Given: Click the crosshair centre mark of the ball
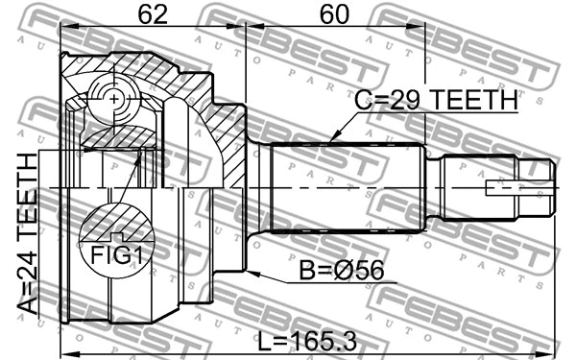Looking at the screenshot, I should [114, 99].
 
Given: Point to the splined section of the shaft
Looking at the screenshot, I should [346, 187].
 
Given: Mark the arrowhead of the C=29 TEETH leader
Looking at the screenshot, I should [329, 141].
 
